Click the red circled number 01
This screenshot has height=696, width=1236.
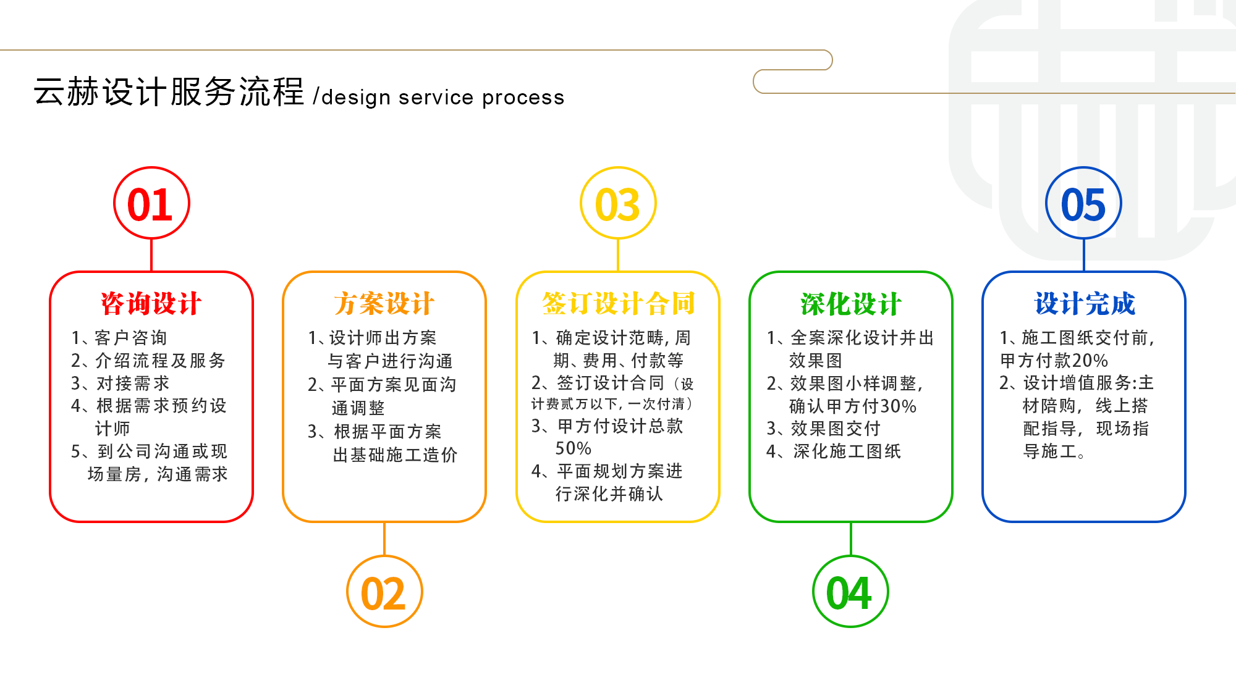click(151, 203)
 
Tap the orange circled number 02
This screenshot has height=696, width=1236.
click(384, 592)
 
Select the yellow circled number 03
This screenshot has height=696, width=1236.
click(618, 203)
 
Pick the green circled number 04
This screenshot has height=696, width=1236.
click(850, 592)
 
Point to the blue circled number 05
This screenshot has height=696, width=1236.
click(1083, 203)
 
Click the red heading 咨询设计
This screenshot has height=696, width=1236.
click(151, 304)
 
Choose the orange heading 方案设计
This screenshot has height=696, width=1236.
click(384, 304)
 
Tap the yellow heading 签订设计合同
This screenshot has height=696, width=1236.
click(618, 304)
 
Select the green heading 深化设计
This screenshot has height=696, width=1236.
click(850, 304)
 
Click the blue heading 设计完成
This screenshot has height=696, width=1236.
click(1085, 304)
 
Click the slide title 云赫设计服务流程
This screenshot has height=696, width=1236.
click(169, 92)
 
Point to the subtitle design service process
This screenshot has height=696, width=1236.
click(442, 97)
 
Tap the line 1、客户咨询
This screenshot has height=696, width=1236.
click(119, 338)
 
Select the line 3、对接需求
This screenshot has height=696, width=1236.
click(121, 384)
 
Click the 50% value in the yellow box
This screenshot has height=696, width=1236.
click(573, 448)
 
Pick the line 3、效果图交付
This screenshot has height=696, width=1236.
click(823, 429)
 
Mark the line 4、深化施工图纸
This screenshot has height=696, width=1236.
click(833, 451)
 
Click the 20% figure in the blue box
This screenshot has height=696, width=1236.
click(1090, 361)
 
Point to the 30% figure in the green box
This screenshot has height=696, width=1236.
click(898, 406)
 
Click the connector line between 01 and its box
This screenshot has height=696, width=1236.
click(151, 254)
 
